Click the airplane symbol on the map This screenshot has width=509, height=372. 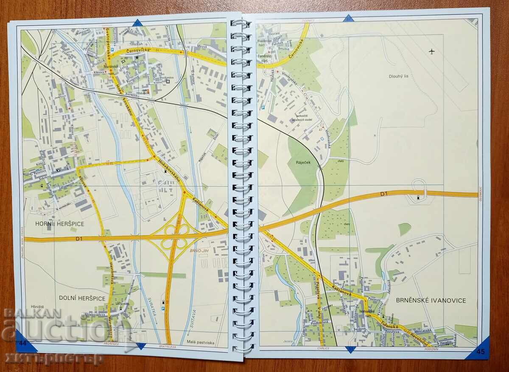click(x=432, y=52)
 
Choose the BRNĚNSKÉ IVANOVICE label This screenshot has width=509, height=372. click(x=431, y=301)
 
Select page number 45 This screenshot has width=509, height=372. click(x=480, y=351)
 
